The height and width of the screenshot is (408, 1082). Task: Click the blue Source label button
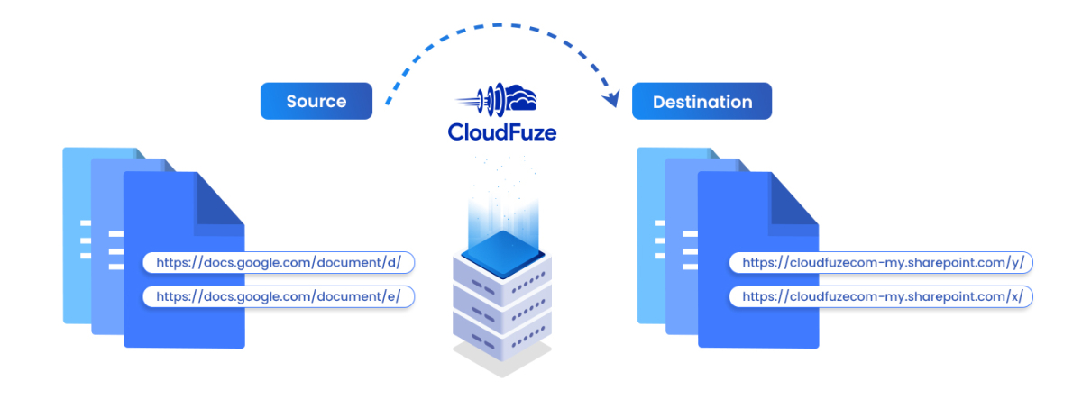tap(316, 102)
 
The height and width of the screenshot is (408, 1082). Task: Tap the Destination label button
tap(701, 102)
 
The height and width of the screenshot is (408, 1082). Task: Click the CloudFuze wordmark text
tap(502, 132)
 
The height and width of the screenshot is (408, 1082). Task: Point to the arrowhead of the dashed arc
tap(615, 97)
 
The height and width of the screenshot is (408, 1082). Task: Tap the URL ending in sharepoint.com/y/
tap(882, 262)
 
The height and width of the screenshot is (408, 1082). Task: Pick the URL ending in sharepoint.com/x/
tap(882, 295)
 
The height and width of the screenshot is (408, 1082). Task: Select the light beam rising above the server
tap(502, 203)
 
